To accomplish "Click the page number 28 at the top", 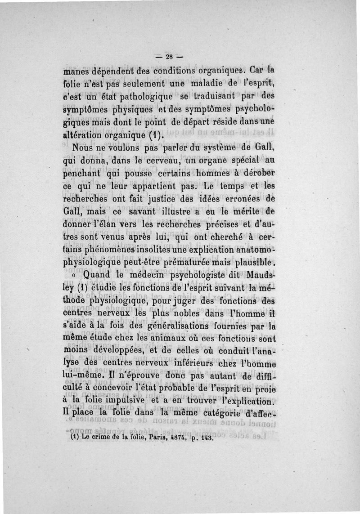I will point(169,57).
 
